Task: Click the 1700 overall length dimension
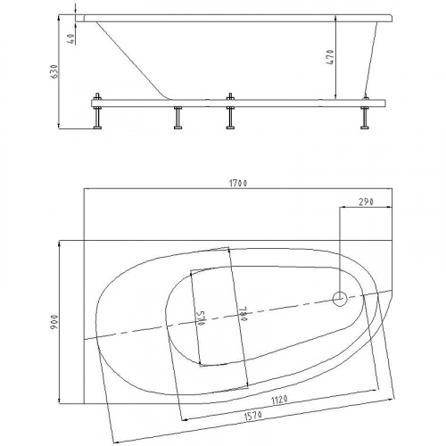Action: click(237, 183)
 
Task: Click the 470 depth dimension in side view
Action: click(330, 59)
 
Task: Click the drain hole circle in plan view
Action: click(340, 300)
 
